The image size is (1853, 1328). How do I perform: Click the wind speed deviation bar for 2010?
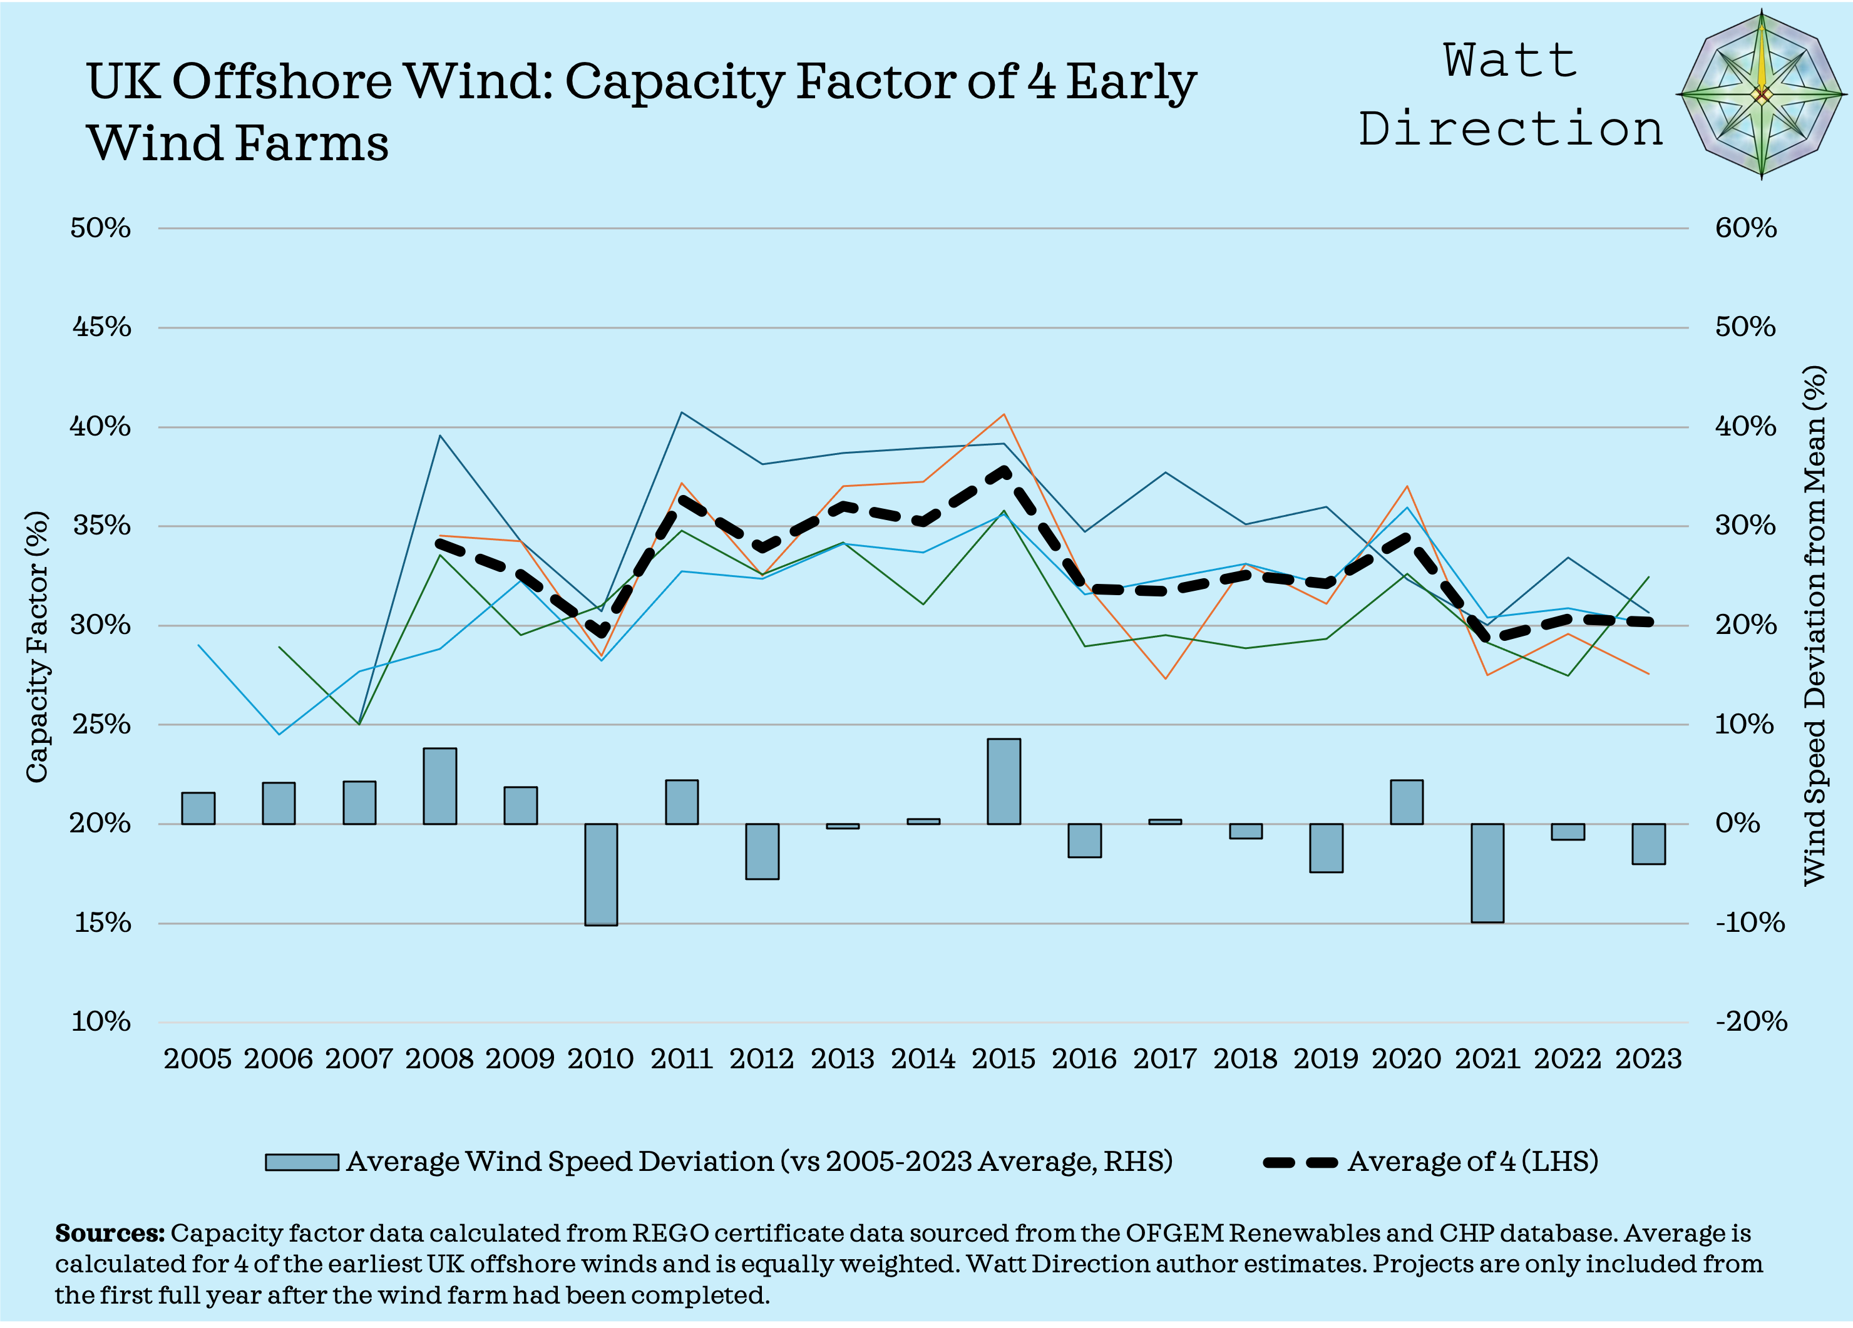(600, 874)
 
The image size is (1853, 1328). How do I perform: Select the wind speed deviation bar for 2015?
(1003, 782)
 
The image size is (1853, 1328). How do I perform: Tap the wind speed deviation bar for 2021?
(1487, 872)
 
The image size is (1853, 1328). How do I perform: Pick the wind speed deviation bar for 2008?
(439, 785)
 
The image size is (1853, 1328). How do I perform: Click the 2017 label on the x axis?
(1164, 1060)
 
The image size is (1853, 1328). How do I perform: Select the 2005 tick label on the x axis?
(197, 1060)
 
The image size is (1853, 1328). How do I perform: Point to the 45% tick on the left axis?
(101, 327)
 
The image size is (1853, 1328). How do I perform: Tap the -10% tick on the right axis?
(1749, 923)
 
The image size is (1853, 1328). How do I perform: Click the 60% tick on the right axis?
(1745, 228)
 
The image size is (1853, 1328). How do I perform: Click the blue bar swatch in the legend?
(302, 1162)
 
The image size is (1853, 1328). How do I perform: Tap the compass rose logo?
(1761, 94)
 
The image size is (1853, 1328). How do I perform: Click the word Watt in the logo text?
(1510, 61)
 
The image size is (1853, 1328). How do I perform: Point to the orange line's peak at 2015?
(1003, 414)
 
